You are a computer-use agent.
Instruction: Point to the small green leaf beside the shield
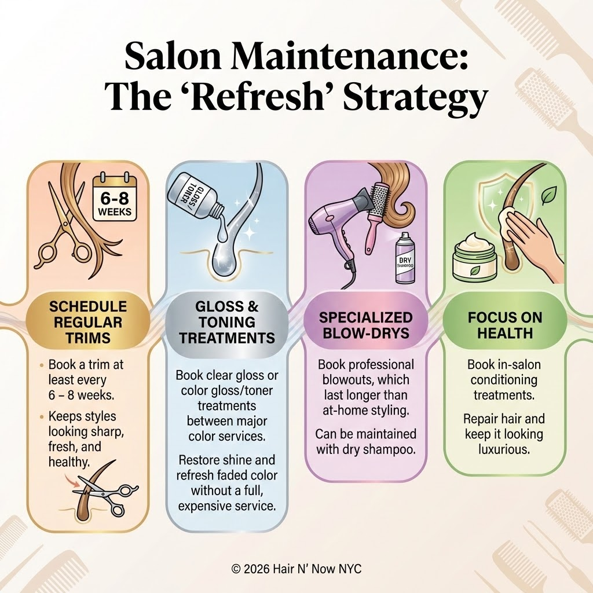tap(547, 196)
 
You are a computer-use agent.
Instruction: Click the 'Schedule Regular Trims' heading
tap(88, 322)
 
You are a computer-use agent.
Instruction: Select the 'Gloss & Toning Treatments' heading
tap(227, 322)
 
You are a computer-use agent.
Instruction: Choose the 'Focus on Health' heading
tap(505, 325)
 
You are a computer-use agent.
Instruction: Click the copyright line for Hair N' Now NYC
tap(296, 569)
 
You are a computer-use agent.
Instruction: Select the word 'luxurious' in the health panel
tap(504, 449)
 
